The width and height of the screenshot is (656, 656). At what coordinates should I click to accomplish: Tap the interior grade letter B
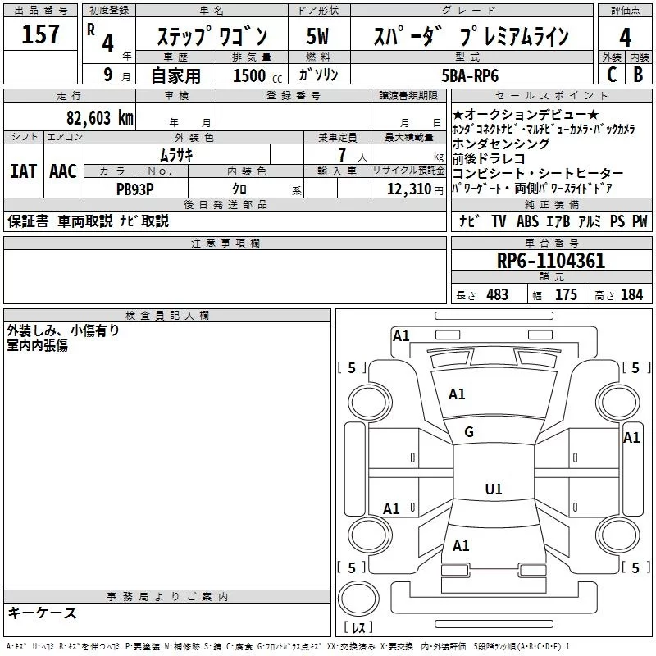[638, 75]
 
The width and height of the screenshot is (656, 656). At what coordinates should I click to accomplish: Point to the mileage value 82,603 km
[99, 116]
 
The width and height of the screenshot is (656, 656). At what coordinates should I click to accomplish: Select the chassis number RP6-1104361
[551, 262]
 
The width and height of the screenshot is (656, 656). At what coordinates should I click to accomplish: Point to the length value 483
[498, 295]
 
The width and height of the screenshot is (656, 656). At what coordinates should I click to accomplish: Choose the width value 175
[566, 295]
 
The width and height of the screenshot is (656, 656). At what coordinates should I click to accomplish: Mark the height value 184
[632, 295]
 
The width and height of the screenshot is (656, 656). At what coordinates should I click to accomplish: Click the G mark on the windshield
[469, 432]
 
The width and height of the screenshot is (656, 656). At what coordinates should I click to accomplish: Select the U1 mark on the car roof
[493, 490]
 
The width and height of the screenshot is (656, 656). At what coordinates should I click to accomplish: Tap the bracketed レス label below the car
[358, 628]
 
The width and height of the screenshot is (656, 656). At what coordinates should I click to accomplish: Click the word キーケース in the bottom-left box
[43, 613]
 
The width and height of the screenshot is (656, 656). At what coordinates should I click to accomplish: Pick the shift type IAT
[23, 171]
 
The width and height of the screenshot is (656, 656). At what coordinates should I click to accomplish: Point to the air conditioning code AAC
[63, 171]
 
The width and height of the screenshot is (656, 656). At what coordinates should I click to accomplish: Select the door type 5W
[318, 38]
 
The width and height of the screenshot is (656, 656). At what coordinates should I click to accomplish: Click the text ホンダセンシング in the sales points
[500, 144]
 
